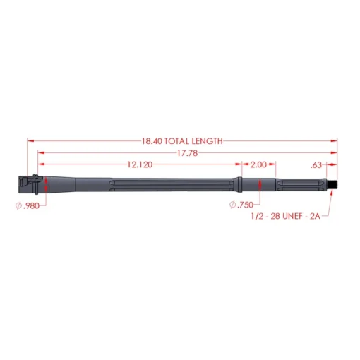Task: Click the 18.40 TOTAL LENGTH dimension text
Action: [x=182, y=141]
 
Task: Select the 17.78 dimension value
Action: [x=187, y=153]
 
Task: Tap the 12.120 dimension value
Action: [x=140, y=164]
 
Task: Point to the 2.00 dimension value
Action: [x=258, y=164]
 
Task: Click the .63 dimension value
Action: [x=316, y=165]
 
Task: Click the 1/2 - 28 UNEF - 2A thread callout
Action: [x=286, y=216]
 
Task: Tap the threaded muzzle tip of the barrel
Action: [x=333, y=184]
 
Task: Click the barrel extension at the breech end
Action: [x=27, y=184]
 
